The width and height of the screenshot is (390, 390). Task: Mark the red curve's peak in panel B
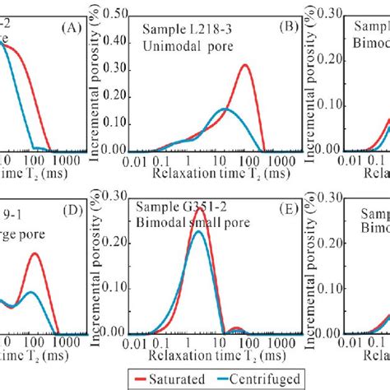click(x=245, y=66)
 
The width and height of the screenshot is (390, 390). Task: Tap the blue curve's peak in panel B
click(x=226, y=109)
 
